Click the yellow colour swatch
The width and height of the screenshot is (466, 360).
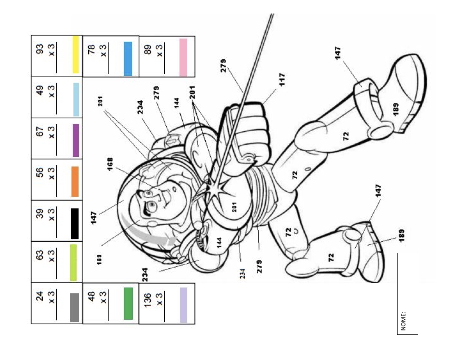tap(76, 54)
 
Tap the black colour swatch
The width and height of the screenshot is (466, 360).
tap(75, 224)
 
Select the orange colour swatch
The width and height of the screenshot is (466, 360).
tap(75, 181)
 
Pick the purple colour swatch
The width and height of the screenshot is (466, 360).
tap(76, 140)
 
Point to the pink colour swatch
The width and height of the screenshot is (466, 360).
tap(183, 57)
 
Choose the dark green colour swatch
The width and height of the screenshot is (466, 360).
tap(128, 304)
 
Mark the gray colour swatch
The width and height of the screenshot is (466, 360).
tap(75, 308)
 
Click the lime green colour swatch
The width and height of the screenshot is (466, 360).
tap(73, 263)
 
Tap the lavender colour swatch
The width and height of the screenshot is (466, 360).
tap(183, 305)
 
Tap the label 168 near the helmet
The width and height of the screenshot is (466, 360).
tap(110, 164)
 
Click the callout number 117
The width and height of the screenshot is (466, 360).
tap(282, 79)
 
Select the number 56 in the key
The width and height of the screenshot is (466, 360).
tap(40, 172)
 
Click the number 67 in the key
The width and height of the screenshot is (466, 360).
tap(40, 131)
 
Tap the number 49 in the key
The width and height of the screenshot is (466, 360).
tap(40, 90)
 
